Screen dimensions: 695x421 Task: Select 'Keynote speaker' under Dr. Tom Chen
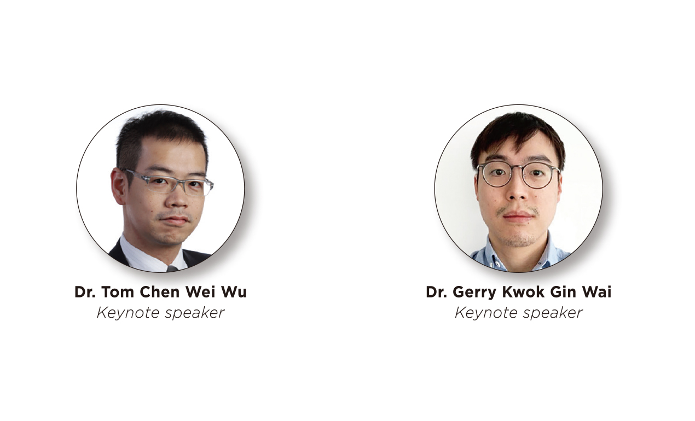(160, 313)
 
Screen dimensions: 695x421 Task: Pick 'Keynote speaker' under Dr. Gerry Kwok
(518, 313)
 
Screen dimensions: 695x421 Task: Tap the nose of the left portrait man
(178, 198)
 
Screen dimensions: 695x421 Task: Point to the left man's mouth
(175, 220)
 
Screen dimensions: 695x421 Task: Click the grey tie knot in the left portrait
(172, 268)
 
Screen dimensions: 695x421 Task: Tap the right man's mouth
(518, 216)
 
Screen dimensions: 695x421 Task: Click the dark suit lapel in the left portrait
(119, 253)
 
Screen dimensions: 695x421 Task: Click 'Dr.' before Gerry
(436, 292)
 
